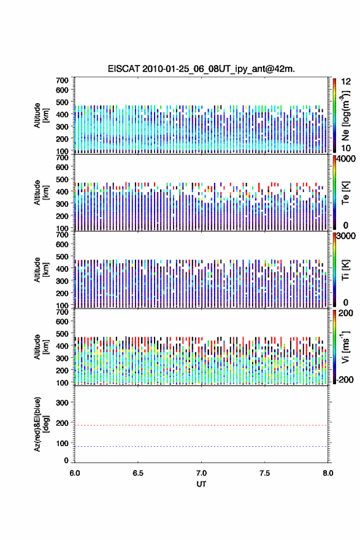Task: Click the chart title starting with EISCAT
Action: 201,69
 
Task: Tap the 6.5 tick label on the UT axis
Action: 138,473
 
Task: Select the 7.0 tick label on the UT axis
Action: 201,473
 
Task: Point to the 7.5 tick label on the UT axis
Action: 265,473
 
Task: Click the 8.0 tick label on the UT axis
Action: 328,473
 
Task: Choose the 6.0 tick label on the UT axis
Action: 75,473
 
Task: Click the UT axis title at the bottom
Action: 201,484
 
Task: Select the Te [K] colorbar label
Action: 345,193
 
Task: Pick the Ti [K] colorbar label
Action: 345,270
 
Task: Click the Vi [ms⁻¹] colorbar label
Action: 345,347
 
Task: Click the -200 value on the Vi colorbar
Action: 345,379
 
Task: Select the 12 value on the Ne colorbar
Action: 346,82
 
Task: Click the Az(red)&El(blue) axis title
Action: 41,424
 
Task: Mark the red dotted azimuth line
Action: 201,425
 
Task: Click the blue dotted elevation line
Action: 201,446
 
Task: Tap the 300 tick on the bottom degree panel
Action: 63,403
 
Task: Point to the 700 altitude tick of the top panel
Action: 63,80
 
